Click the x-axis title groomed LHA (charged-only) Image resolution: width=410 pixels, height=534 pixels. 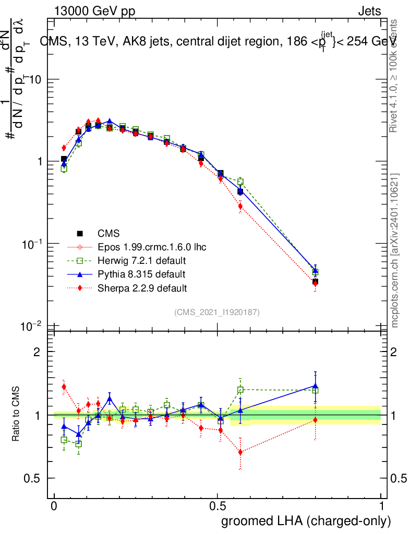click(306, 521)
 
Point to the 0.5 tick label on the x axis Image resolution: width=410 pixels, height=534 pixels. click(218, 506)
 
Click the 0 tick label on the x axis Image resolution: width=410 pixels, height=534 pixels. click(54, 506)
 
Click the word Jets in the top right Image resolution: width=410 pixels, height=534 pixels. click(369, 11)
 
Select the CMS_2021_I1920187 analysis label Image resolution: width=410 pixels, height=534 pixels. click(217, 312)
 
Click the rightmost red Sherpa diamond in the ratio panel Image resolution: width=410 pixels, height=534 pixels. click(315, 420)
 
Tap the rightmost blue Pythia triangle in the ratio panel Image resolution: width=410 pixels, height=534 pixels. click(315, 386)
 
